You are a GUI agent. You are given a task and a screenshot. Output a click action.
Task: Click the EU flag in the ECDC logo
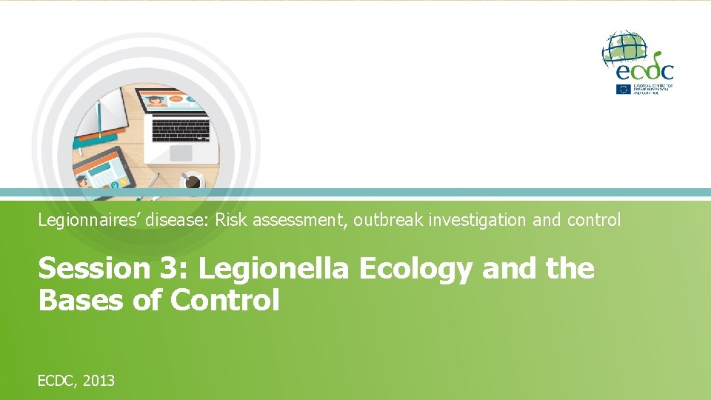623,88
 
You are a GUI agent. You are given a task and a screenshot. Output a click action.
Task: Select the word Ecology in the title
415,269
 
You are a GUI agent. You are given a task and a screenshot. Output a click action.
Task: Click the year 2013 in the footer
99,381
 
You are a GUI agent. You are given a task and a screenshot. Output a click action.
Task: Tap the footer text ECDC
56,381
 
